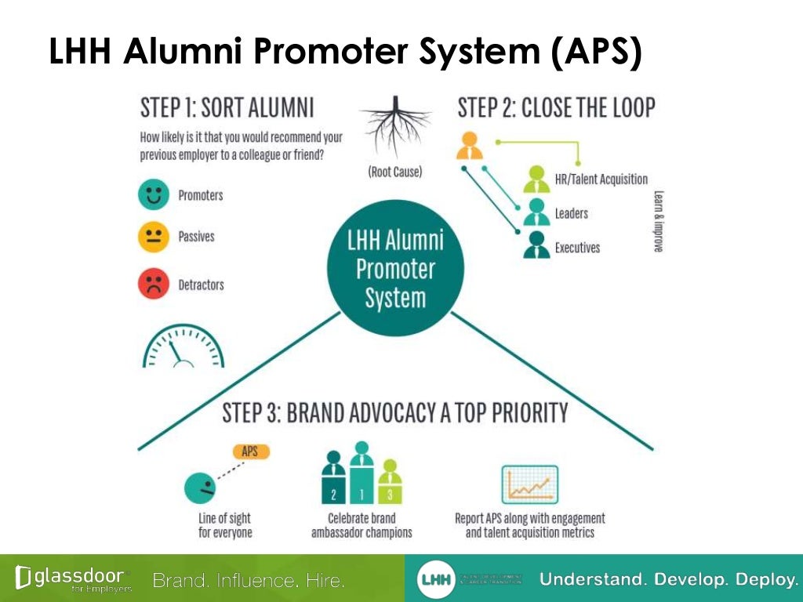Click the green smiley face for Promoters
tap(154, 195)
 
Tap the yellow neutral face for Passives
tap(154, 237)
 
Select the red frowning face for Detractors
tap(154, 284)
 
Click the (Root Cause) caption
tap(394, 172)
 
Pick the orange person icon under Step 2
tap(470, 145)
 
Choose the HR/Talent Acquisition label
tap(601, 180)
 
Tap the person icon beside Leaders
tap(537, 212)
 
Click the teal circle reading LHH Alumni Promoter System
tap(395, 268)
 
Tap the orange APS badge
tap(250, 451)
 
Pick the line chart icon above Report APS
tap(529, 484)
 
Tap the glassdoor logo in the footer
tap(71, 578)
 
